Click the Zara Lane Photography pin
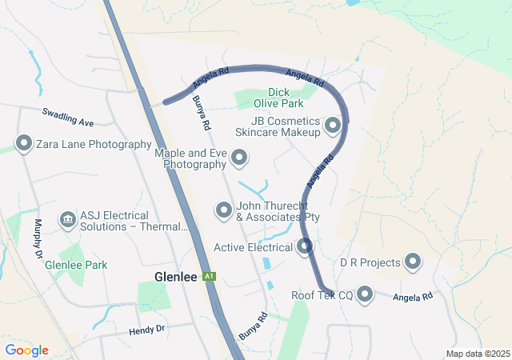coord(24,145)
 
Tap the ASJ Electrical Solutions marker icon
coord(67,218)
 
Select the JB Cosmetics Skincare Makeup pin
coord(333,125)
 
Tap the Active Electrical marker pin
coord(305,247)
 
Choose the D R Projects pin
coord(413,262)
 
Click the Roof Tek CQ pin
coord(366,295)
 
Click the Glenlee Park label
coord(76,265)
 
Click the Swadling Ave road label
coord(68,118)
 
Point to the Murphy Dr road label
coord(38,238)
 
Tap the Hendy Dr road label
coord(146,330)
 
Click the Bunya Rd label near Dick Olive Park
coord(202,114)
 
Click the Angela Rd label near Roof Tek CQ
coord(413,296)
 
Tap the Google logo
coord(27,350)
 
